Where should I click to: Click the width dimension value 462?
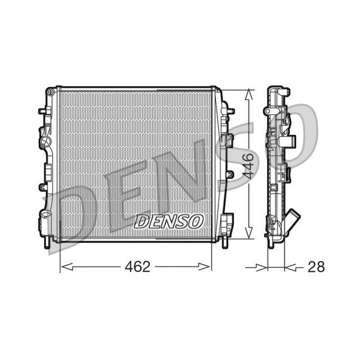pos(137,266)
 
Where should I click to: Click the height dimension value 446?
pos(249,166)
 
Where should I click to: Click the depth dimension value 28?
pos(316,266)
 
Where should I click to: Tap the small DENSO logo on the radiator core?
pos(168,220)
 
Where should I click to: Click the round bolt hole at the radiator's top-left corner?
pos(50,92)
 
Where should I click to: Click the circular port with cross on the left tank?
pos(46,141)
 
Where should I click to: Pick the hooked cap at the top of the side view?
pos(284,92)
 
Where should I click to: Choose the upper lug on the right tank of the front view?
pos(229,110)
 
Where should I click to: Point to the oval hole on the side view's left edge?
pos(267,110)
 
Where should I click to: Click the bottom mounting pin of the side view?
pos(270,243)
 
